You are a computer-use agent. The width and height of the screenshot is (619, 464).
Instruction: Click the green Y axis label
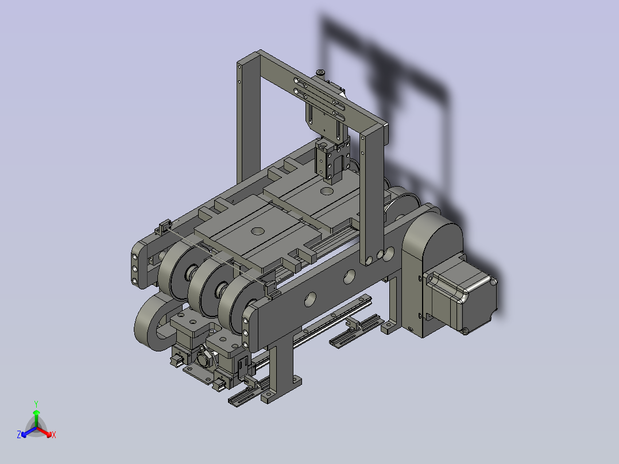[x=36, y=404]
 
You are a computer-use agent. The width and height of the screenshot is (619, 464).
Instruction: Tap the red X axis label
[x=54, y=435]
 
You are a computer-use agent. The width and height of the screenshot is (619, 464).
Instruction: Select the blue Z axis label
[x=18, y=435]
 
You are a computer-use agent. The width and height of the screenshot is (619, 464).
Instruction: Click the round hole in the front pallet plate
[x=258, y=231]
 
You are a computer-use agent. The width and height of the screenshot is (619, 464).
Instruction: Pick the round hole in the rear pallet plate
[x=327, y=192]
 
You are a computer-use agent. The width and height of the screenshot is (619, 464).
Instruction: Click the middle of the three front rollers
[x=206, y=287]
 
